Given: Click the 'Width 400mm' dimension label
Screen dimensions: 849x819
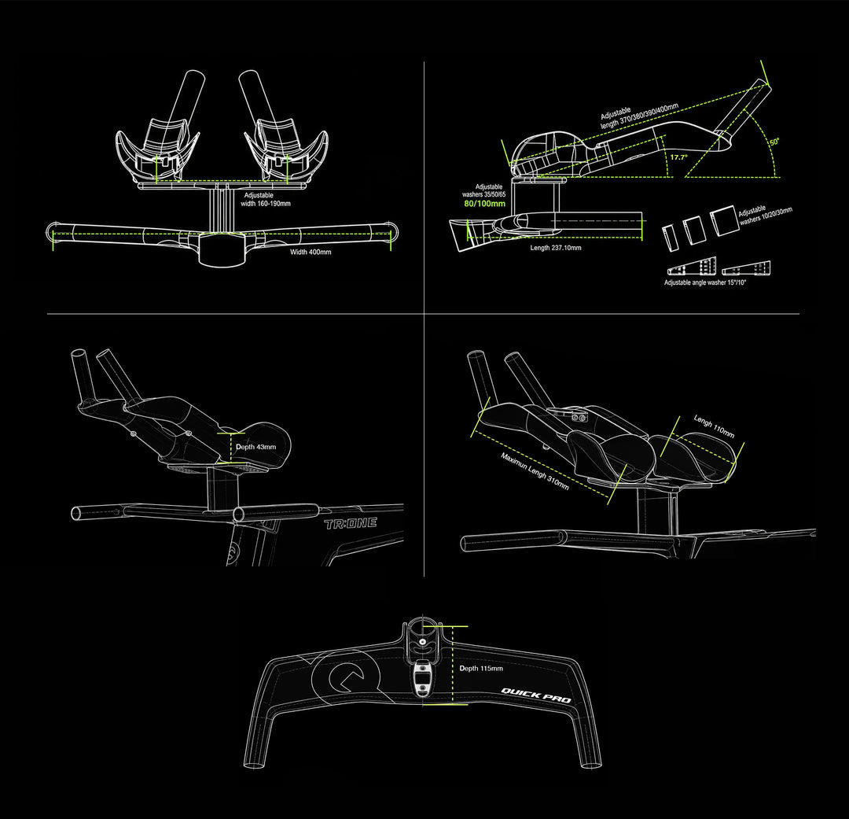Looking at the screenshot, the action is click(311, 252).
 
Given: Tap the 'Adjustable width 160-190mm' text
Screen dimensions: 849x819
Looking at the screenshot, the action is click(266, 200).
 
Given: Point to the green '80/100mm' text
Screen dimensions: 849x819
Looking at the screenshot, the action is click(484, 204).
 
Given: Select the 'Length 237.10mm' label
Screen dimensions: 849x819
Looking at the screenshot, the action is click(556, 248).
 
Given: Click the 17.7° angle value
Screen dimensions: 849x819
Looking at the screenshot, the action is click(678, 157).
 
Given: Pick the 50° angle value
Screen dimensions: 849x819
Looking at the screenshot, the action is click(775, 142).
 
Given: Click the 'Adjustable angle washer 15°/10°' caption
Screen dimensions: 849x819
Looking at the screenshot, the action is click(705, 282).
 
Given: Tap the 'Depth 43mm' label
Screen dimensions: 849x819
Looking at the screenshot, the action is click(255, 447).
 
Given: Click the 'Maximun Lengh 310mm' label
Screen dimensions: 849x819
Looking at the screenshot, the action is click(535, 471).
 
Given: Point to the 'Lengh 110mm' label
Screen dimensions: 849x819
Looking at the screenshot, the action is click(714, 426).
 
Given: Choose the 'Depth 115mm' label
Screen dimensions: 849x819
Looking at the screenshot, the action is click(481, 668).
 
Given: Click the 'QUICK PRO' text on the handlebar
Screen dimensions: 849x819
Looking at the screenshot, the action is click(535, 695).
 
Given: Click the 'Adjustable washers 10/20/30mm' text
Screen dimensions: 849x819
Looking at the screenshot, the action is click(765, 216).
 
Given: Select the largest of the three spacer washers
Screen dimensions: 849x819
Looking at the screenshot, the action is click(724, 220).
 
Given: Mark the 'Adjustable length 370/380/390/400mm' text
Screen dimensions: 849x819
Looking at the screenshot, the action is click(639, 116).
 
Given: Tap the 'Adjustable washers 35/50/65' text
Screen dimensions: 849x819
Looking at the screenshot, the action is click(484, 190).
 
